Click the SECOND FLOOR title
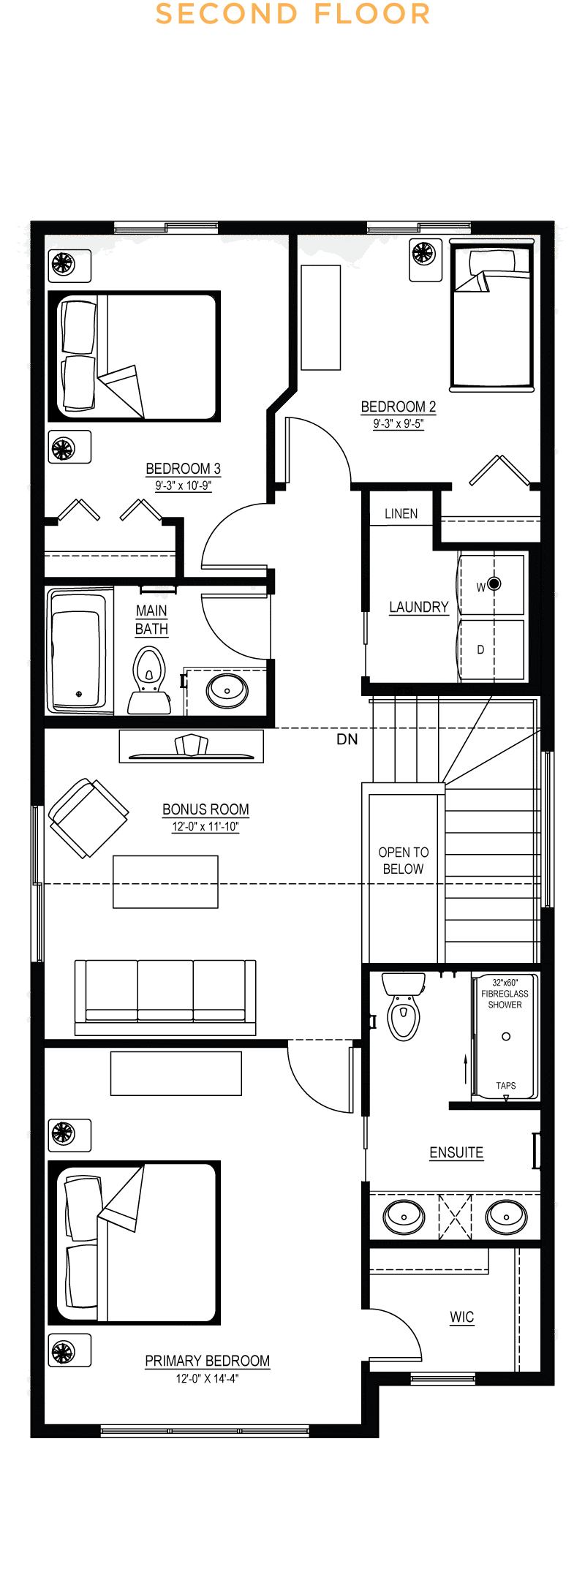(292, 14)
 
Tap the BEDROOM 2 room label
(399, 407)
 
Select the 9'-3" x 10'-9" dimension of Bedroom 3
(184, 485)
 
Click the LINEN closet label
(401, 514)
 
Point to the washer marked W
(491, 585)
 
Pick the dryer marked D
(491, 649)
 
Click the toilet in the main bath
(149, 680)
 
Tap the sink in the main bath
(227, 689)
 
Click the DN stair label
(347, 739)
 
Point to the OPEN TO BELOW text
(404, 861)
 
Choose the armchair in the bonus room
(88, 817)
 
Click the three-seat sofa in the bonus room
(165, 997)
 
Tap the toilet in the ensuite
(403, 1005)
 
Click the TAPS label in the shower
(506, 1086)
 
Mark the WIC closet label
(462, 1317)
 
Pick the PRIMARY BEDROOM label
(208, 1361)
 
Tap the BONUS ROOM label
(205, 809)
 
